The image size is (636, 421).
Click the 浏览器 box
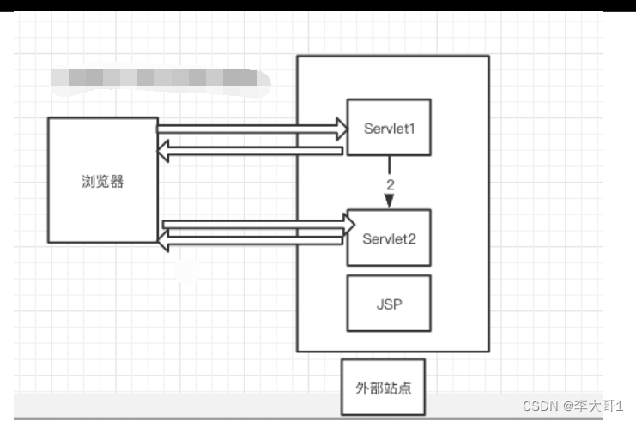tap(103, 181)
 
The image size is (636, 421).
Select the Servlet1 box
tap(388, 127)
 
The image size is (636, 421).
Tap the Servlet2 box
tap(388, 238)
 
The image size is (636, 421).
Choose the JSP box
tap(388, 303)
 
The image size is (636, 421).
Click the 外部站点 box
tap(383, 387)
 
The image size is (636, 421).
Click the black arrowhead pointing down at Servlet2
tap(389, 201)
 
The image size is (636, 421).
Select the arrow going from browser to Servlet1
tap(249, 129)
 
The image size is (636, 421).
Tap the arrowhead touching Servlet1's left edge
tap(341, 129)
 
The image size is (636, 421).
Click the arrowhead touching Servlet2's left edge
tap(348, 225)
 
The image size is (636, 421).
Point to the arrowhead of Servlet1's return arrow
tap(164, 151)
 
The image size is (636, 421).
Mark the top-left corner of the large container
tap(298, 57)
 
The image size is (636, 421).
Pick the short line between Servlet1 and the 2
tap(389, 165)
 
